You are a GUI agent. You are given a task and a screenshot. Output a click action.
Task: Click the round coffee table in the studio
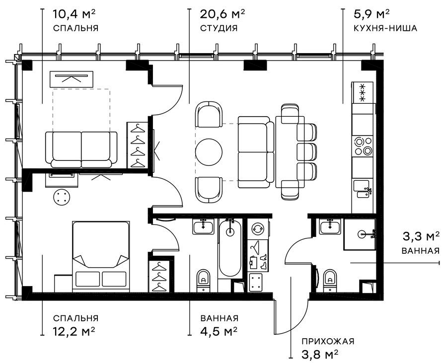coord(209,151)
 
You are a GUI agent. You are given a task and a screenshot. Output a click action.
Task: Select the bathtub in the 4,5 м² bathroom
coord(230,248)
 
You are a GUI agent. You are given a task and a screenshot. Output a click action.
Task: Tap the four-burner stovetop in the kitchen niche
coord(362,145)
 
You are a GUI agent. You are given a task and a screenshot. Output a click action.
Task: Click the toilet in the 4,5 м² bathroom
coord(204,280)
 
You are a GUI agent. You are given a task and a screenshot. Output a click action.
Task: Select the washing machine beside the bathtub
coord(258,229)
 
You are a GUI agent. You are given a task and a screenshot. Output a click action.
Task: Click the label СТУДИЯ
coord(219,28)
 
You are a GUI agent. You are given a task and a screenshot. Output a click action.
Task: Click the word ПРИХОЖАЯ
coord(327,341)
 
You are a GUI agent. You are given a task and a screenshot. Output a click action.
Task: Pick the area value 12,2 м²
coord(74,331)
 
